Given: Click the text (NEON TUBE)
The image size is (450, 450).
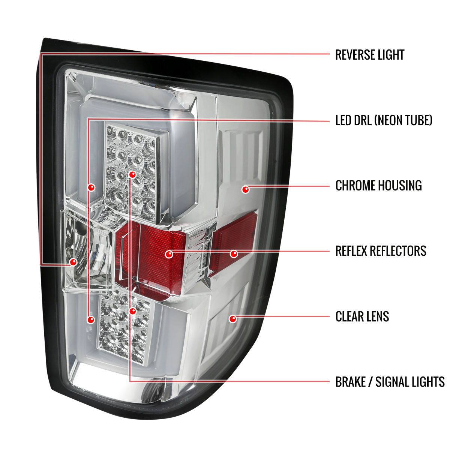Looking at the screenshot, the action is (403, 120).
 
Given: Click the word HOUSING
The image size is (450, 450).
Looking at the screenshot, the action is (400, 186).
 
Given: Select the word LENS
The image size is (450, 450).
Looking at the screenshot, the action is (378, 316).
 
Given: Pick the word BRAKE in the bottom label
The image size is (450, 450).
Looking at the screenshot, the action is (350, 382).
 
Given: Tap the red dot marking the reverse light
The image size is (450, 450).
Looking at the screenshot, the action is (73, 262).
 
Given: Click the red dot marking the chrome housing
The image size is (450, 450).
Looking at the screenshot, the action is (245, 190).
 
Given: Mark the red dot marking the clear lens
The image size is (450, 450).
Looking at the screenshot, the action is (232, 319).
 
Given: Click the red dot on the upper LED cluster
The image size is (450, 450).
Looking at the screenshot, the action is (132, 174).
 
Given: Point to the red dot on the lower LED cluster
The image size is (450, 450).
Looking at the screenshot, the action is (133, 311).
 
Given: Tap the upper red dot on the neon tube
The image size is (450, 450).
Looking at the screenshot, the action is (91, 187).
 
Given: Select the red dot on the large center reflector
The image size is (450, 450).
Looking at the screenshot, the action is (169, 254).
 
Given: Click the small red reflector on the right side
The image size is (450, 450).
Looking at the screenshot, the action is (234, 243).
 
